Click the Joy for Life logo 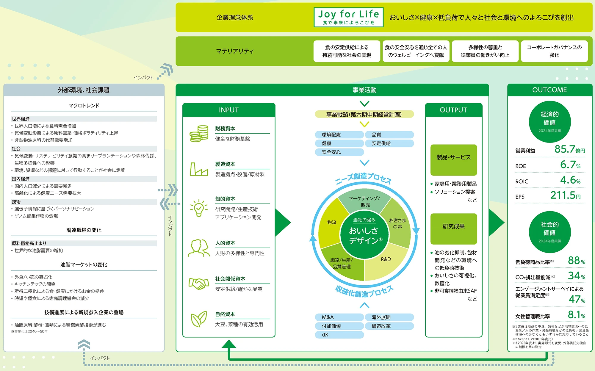coord(348,17)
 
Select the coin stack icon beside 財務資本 coord(199,134)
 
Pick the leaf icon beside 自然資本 coord(199,319)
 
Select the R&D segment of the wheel coord(386,262)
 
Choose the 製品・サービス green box coord(454,160)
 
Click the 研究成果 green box coord(454,228)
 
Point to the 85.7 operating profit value coord(565,149)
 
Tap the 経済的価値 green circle coord(549,122)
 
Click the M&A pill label coord(339,317)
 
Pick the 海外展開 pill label coord(389,317)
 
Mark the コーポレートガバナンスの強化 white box coord(554,51)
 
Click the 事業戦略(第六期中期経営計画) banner coord(364,114)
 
